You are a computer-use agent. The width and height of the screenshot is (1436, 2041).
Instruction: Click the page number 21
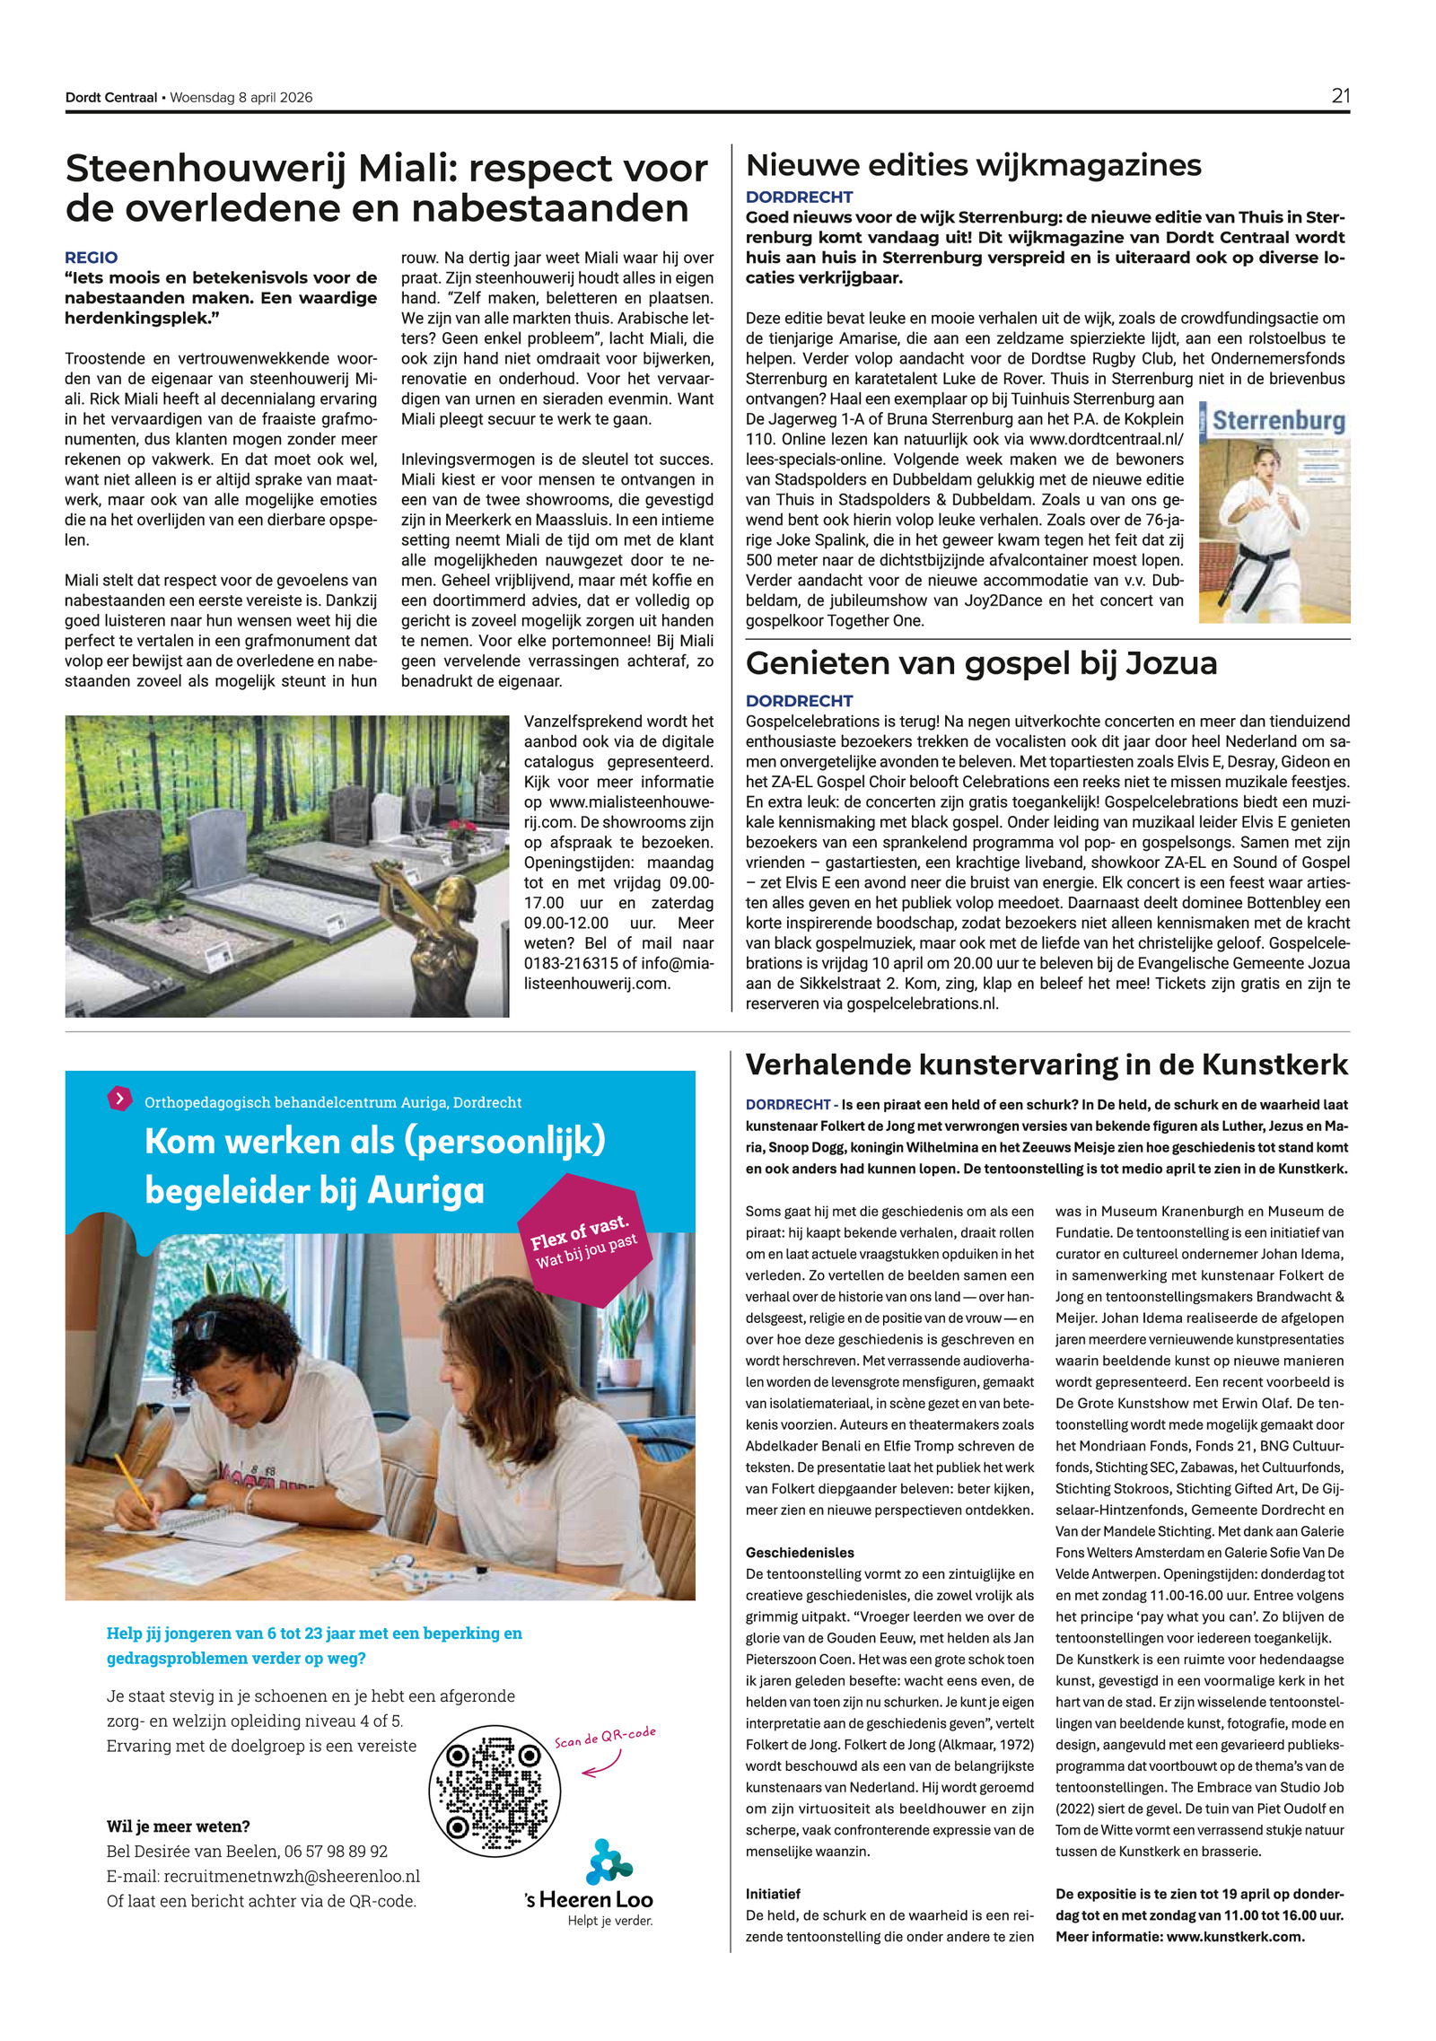(x=1340, y=96)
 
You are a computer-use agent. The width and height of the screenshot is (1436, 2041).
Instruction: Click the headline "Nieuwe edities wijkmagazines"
(x=973, y=165)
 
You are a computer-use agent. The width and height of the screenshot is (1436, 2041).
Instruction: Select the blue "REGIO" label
(x=91, y=258)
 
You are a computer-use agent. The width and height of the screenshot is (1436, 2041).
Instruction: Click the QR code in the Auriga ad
(x=495, y=1791)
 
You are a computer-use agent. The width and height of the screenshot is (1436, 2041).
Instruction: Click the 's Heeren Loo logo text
(x=589, y=1899)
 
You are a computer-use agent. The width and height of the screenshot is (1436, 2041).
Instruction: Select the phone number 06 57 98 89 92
(x=336, y=1851)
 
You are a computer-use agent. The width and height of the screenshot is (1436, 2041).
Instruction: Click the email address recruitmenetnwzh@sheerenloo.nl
(x=292, y=1876)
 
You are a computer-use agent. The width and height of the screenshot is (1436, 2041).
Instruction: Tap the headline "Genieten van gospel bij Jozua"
(x=981, y=663)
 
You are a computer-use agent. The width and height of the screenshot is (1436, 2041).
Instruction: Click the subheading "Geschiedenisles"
(x=800, y=1552)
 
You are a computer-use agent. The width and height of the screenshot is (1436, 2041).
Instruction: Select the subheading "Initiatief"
(x=773, y=1894)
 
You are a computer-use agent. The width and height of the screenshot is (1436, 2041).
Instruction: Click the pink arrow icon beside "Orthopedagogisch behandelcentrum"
(x=119, y=1098)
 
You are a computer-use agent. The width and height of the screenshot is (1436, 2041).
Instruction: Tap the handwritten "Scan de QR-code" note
(x=604, y=1737)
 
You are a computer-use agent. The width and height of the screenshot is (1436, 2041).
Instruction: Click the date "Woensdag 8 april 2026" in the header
(x=241, y=98)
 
